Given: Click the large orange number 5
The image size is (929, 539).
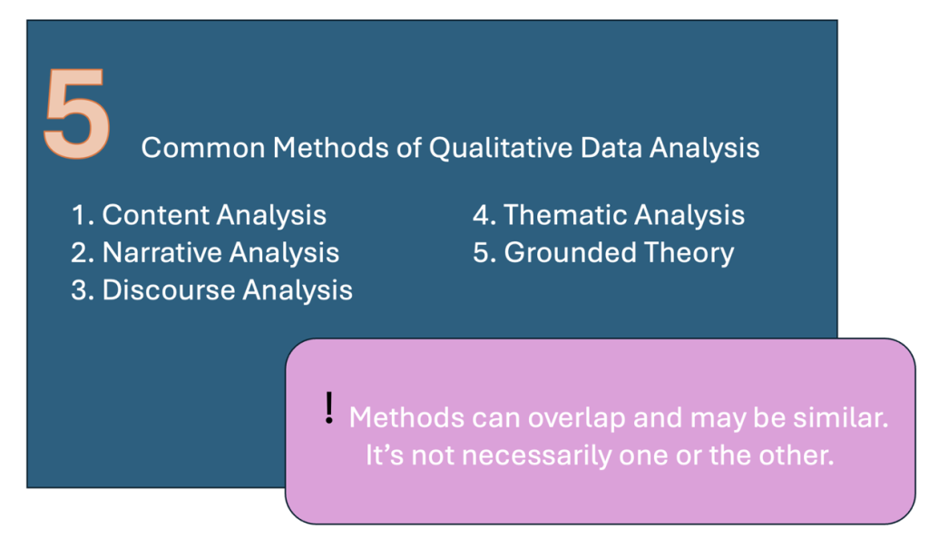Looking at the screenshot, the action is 77,113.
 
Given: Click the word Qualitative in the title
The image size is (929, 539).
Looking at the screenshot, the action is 501,148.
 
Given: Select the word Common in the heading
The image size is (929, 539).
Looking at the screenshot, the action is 203,148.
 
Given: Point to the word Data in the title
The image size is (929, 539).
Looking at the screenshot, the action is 611,148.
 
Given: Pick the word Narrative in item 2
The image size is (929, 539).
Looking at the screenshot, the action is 161,252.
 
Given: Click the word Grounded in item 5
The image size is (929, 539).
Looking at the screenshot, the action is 570,252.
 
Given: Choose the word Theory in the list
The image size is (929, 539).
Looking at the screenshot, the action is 689,253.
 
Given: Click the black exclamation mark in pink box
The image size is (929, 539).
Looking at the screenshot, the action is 329,408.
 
